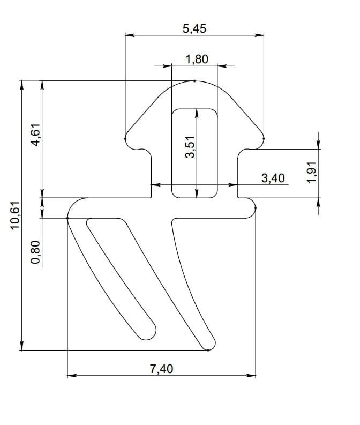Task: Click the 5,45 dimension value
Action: [194, 29]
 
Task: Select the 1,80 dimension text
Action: [196, 59]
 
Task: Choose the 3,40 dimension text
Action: [273, 178]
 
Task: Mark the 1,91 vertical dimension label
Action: [313, 173]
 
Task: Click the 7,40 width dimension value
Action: [161, 369]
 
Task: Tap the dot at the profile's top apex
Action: [194, 81]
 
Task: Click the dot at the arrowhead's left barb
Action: [125, 138]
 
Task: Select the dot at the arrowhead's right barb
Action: [264, 138]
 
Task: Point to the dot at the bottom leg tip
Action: [208, 350]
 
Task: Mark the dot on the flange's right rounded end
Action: [255, 208]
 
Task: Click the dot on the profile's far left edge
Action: [67, 218]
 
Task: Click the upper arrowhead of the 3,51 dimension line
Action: [197, 112]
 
